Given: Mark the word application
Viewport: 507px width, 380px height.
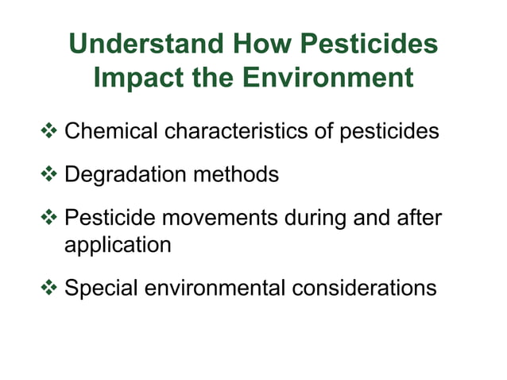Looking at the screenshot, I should tap(118, 245).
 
